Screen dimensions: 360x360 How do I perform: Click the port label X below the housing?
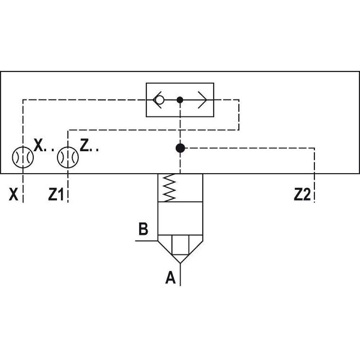tap(13, 195)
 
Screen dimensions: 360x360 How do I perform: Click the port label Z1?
tap(56, 195)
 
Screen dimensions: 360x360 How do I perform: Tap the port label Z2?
tap(302, 195)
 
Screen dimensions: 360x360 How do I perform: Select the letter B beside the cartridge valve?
tap(143, 229)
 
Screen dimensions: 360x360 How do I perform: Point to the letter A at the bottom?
tap(170, 278)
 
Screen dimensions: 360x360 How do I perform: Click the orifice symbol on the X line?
tap(23, 157)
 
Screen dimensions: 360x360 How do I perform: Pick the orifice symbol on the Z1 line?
tap(68, 157)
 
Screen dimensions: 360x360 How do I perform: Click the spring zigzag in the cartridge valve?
tap(170, 188)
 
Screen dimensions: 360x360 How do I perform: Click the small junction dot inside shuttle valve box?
tap(180, 100)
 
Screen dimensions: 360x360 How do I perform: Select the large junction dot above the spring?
tap(180, 148)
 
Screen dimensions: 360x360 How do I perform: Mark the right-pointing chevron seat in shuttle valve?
tap(202, 100)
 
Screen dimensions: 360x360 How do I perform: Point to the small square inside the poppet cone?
tap(180, 245)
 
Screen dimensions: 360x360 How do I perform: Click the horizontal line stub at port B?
tap(146, 240)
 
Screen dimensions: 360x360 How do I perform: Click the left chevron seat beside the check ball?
tap(155, 100)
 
